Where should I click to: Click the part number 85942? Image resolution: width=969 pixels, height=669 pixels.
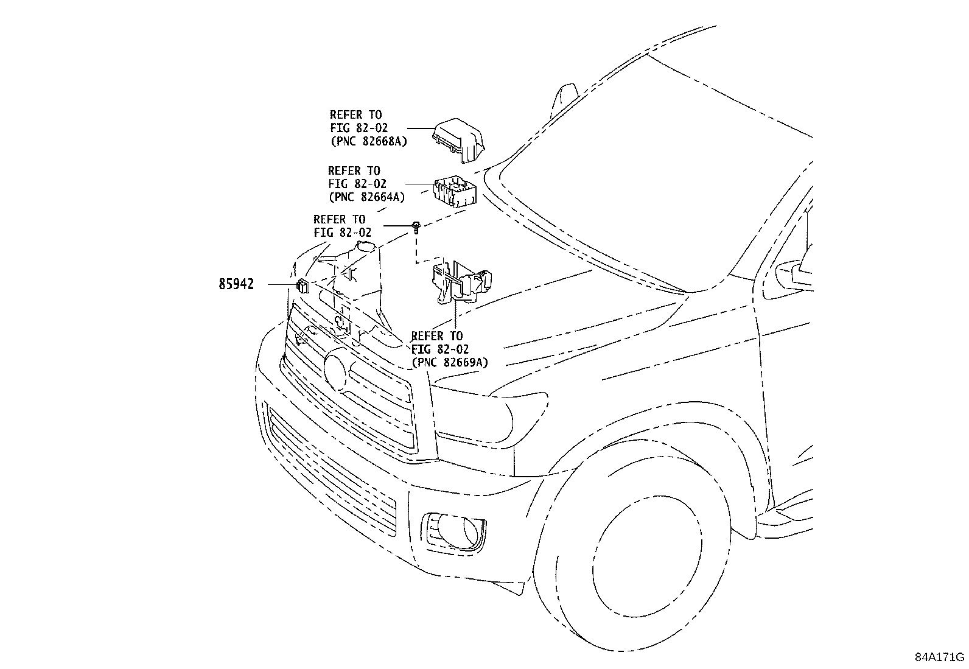pos(236,284)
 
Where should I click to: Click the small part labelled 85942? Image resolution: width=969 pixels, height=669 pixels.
pos(303,285)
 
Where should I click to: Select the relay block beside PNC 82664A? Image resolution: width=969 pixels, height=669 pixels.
pos(454,191)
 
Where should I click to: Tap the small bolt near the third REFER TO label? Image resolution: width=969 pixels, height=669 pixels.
pos(416,227)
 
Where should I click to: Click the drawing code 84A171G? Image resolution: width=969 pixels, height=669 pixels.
pos(939,657)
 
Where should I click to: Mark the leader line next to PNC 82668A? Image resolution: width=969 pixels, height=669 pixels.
pos(419,128)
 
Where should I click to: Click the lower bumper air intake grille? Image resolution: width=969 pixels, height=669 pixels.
pos(332,475)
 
